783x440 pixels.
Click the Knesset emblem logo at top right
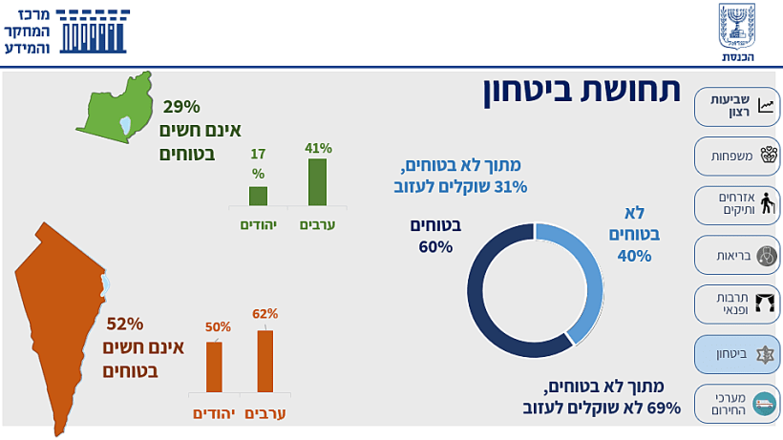click(x=737, y=28)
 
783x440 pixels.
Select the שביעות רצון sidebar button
click(x=736, y=106)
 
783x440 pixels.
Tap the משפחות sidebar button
click(x=736, y=156)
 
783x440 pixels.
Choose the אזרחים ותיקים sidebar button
click(x=736, y=204)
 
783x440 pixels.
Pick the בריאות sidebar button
click(x=736, y=255)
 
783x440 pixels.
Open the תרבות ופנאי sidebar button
click(x=736, y=304)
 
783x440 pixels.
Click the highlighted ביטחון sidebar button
click(x=736, y=353)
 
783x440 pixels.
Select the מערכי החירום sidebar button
click(x=736, y=403)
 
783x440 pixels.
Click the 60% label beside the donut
click(x=435, y=247)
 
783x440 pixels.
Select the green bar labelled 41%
click(x=317, y=182)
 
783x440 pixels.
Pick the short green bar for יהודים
click(x=258, y=196)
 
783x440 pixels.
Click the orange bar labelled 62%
click(x=265, y=361)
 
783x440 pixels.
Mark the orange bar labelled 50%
click(x=214, y=367)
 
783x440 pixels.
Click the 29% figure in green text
click(x=181, y=107)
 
